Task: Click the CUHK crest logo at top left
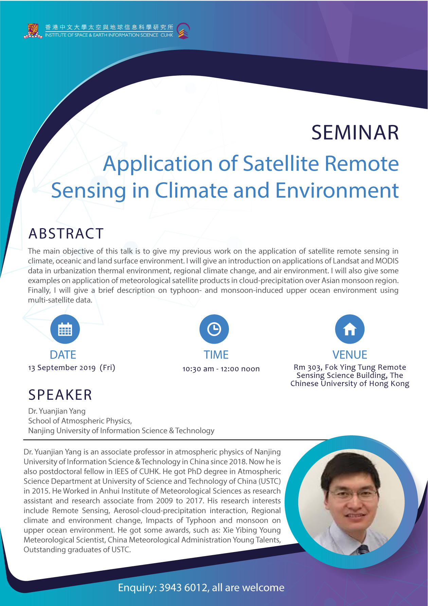33,31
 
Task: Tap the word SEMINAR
355,132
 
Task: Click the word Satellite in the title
281,164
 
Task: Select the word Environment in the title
337,190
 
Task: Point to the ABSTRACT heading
66,234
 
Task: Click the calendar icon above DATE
65,329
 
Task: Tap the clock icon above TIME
214,329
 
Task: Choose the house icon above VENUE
350,329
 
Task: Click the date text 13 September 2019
62,368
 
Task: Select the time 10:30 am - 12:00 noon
221,369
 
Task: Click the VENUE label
350,355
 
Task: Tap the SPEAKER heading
60,395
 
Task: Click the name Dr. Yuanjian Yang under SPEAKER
57,411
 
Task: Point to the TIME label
216,355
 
